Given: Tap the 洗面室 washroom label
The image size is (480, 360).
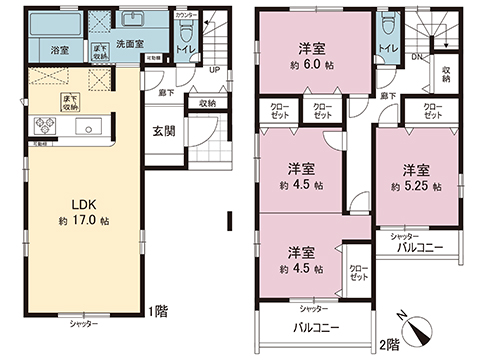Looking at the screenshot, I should pos(132,45).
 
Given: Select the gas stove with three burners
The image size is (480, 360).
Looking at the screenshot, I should pos(46,125).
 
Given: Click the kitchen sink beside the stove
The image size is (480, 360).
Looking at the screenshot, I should pos(86,127).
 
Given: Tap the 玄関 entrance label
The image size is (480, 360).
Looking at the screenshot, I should pos(166,130).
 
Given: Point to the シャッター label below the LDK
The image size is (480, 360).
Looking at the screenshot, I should pos(84,326).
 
